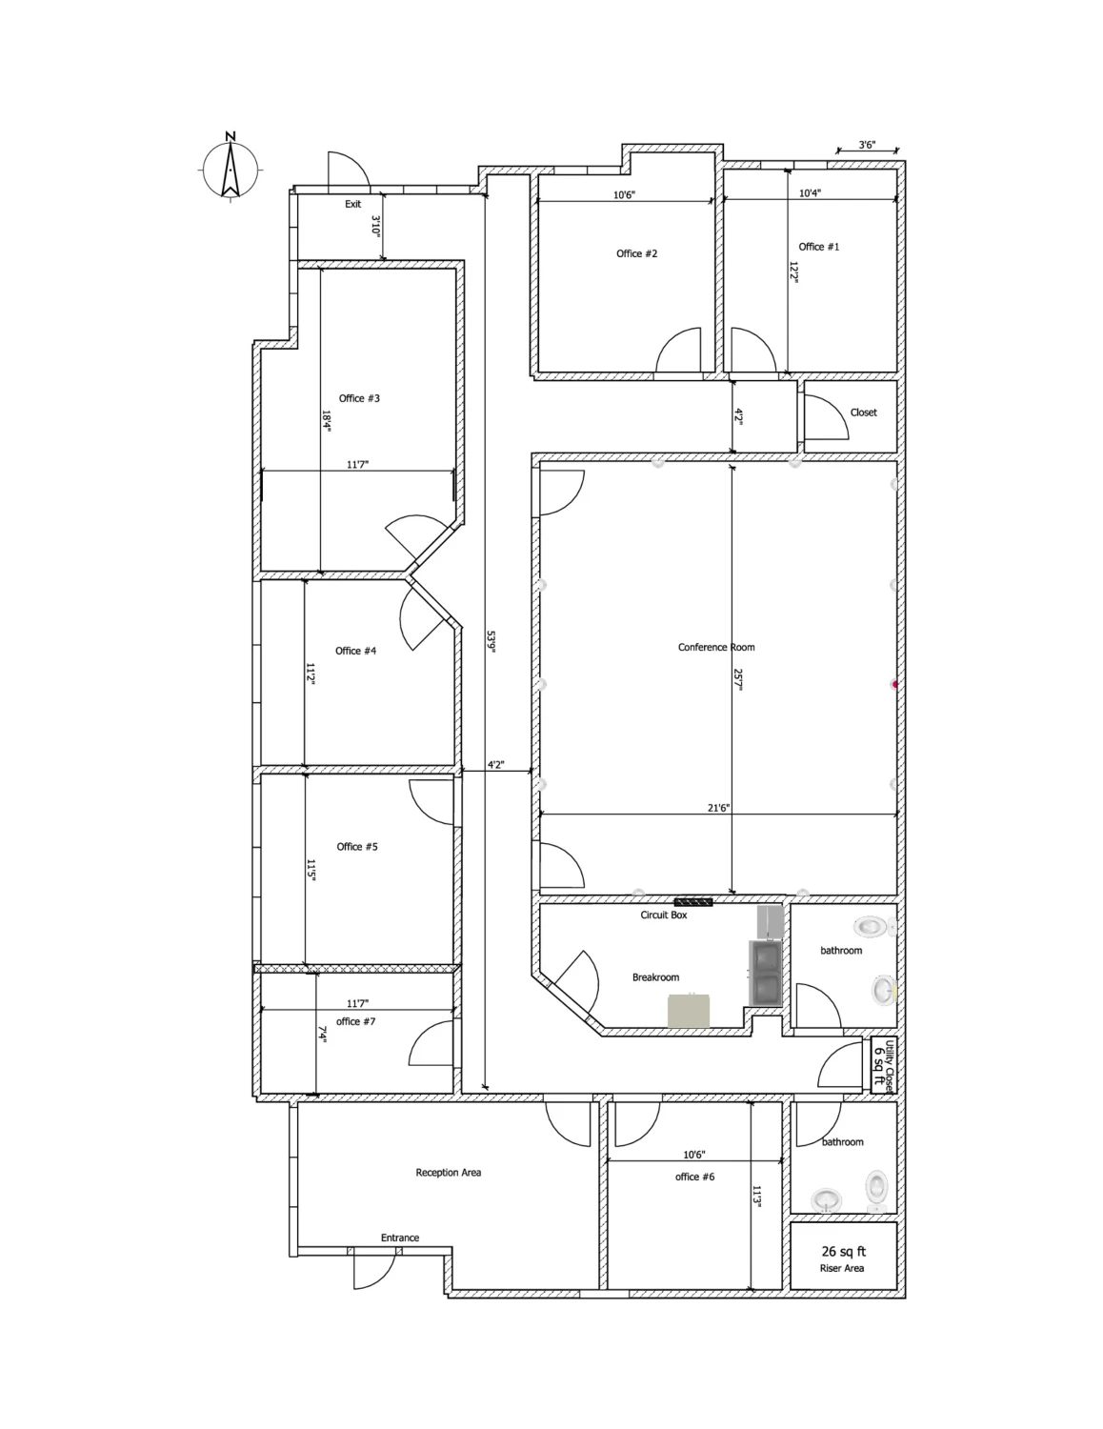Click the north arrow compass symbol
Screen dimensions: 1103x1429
point(231,169)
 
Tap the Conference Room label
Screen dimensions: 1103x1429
point(716,647)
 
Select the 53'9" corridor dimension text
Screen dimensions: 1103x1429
point(491,642)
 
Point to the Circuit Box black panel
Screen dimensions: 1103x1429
point(692,902)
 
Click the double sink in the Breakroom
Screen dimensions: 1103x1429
point(765,974)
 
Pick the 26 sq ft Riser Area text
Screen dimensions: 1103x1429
point(843,1258)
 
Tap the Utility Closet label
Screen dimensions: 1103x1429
point(885,1065)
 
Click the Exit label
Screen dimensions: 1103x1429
point(353,204)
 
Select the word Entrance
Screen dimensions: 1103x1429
point(400,1238)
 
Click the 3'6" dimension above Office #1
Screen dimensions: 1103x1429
point(867,145)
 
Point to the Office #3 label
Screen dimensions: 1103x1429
point(359,398)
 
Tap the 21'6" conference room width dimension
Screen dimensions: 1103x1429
point(718,808)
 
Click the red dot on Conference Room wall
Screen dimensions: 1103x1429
point(894,685)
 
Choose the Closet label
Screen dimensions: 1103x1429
point(863,413)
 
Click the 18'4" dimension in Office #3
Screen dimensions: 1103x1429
point(327,421)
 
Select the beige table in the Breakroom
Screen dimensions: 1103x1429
point(689,1012)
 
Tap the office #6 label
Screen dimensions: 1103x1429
point(694,1177)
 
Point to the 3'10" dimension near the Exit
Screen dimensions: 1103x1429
point(376,227)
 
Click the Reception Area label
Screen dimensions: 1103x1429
point(449,1172)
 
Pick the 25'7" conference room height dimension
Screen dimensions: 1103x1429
point(737,680)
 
